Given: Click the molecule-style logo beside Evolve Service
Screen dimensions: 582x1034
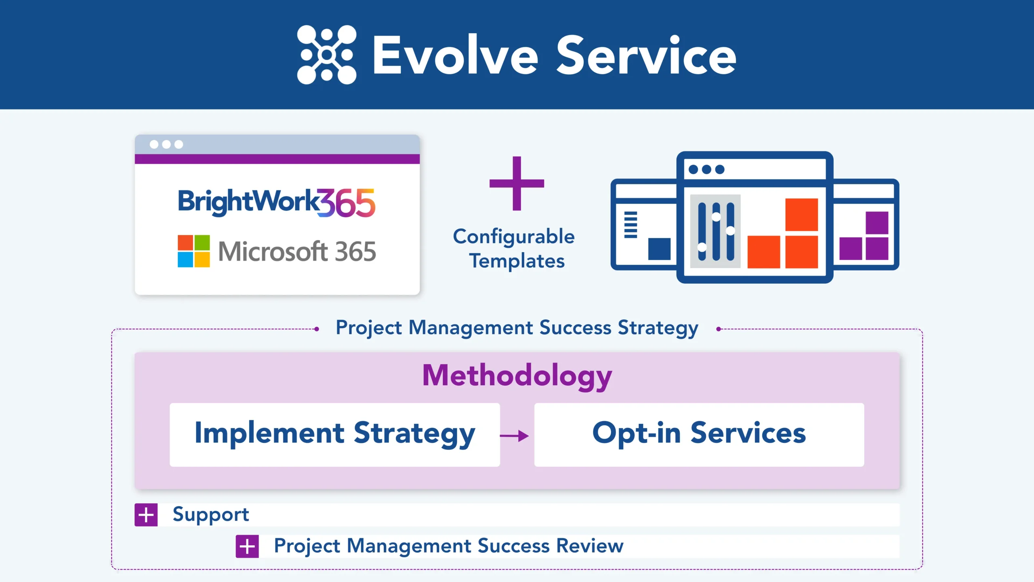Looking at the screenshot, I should pos(326,55).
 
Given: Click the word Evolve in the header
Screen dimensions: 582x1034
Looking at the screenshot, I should pos(455,55).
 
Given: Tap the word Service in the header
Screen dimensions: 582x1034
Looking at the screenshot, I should pos(646,55).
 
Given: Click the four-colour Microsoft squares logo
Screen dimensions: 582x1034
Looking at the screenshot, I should pos(193,251).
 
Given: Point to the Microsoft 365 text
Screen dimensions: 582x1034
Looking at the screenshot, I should pos(297,251).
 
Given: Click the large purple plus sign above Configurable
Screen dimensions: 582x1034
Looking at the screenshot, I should pos(517,183).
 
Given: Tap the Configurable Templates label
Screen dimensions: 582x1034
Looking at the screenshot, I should pos(514,248).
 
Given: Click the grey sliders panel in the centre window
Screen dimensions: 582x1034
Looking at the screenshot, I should pos(715,231).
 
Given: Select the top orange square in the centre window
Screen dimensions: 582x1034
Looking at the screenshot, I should pos(801,214).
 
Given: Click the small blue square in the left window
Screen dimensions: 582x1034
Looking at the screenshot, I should pos(659,249).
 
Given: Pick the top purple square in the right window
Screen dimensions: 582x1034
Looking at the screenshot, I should pos(877,223).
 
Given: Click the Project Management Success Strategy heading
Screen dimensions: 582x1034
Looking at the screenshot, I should pos(517,327).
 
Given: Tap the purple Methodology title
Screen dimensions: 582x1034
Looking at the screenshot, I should pos(517,375).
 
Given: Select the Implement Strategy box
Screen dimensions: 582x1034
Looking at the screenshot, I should pos(334,434).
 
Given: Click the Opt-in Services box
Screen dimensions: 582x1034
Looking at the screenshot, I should pos(699,434).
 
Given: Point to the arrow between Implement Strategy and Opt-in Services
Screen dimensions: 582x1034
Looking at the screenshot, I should pos(514,436).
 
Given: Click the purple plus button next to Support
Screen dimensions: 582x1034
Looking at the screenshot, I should pos(146,515).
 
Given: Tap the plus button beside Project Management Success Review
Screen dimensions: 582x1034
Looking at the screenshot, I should pos(247,546).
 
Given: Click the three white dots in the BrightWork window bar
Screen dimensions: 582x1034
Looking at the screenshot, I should pos(166,144).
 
